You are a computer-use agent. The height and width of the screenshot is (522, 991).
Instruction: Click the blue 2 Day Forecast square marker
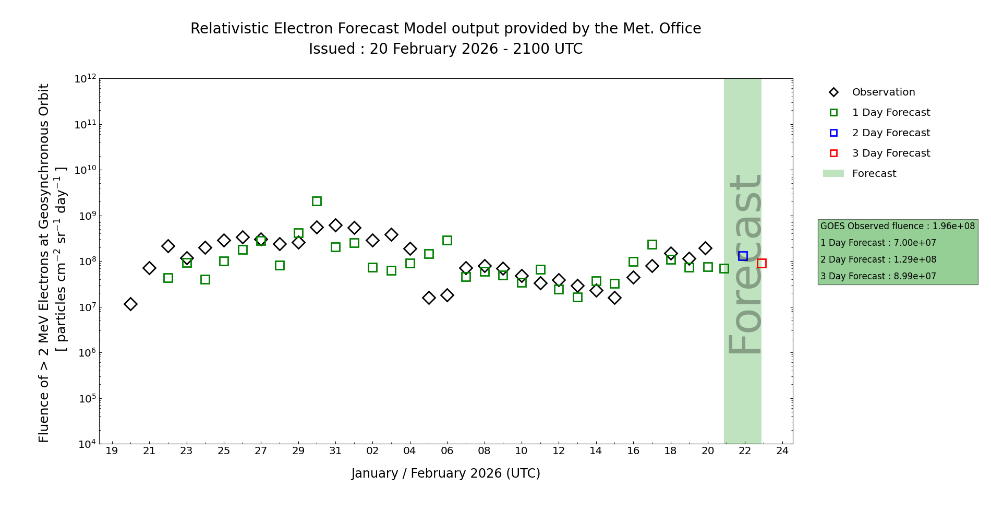pyautogui.click(x=743, y=256)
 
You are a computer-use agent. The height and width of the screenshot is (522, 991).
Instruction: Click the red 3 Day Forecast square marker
pyautogui.click(x=762, y=263)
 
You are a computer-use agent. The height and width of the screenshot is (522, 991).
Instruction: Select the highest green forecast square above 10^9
pyautogui.click(x=317, y=201)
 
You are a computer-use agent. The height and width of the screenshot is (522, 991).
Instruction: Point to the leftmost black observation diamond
pyautogui.click(x=130, y=304)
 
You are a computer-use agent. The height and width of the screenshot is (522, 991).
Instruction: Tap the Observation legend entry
pyautogui.click(x=883, y=92)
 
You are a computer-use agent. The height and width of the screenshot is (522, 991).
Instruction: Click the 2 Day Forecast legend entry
pyautogui.click(x=890, y=133)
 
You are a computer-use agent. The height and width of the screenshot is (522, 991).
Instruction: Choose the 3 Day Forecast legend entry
pyautogui.click(x=890, y=153)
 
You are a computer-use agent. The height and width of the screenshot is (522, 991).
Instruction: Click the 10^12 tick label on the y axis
pyautogui.click(x=85, y=79)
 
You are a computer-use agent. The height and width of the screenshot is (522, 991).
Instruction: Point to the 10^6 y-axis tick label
pyautogui.click(x=85, y=353)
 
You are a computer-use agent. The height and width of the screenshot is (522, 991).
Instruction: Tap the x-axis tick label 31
pyautogui.click(x=335, y=451)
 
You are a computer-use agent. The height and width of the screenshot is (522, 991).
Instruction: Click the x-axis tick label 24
pyautogui.click(x=782, y=451)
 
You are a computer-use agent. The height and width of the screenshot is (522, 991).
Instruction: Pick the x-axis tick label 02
pyautogui.click(x=372, y=451)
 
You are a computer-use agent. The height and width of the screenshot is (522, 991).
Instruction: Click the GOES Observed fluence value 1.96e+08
pyautogui.click(x=953, y=226)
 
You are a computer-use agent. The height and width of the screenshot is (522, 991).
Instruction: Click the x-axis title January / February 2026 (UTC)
pyautogui.click(x=446, y=473)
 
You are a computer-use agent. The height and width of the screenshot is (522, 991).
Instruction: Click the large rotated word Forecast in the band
pyautogui.click(x=745, y=264)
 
